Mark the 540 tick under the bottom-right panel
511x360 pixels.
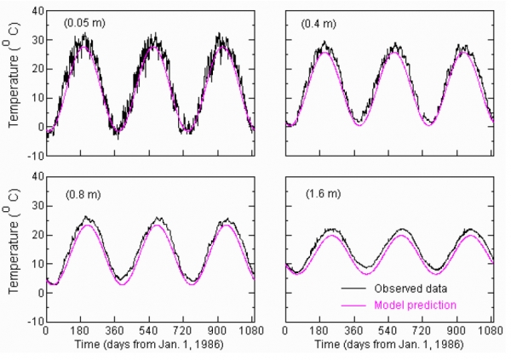(x=390, y=330)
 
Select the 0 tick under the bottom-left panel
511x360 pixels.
(x=46, y=330)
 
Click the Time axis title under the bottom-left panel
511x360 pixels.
(x=148, y=347)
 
